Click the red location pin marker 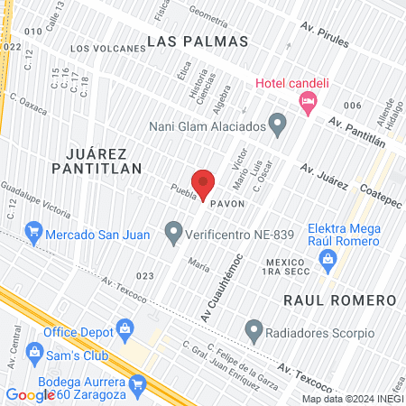(203, 183)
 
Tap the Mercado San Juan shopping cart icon (34, 234)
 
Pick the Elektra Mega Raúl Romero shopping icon (328, 263)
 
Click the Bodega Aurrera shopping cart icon (137, 388)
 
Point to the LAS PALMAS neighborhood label (184, 42)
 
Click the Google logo (30, 394)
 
